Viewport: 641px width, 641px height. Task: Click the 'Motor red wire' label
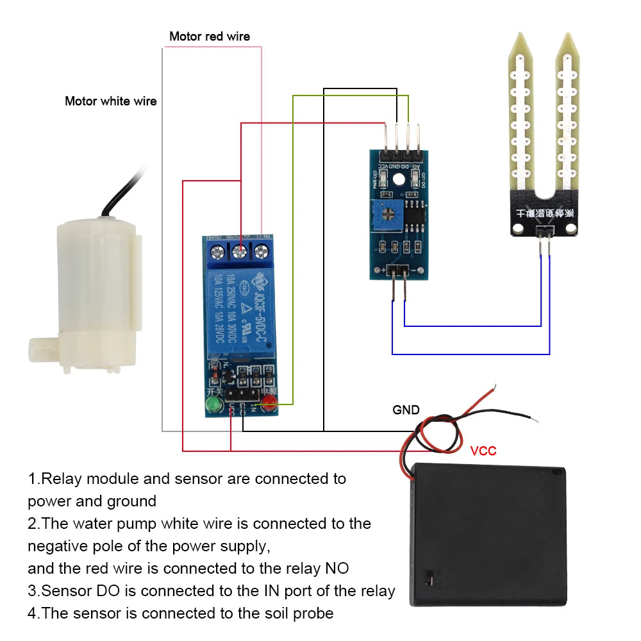click(209, 37)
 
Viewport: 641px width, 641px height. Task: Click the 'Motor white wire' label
click(110, 101)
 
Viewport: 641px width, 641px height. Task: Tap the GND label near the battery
click(406, 410)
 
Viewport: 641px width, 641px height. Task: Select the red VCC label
click(483, 451)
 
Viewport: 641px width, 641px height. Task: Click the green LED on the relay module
click(212, 404)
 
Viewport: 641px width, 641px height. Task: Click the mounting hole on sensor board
click(399, 181)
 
